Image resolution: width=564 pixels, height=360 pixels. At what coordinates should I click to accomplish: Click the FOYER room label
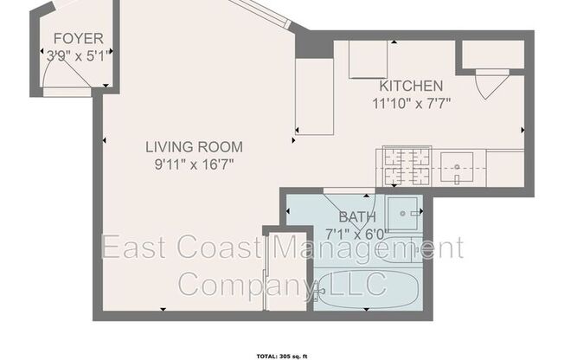[79, 38]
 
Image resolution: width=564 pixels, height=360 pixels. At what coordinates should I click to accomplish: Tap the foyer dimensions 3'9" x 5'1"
[79, 55]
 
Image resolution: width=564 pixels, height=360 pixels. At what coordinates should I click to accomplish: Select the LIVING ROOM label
[193, 146]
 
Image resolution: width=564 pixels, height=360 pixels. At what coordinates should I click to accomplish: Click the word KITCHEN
[411, 87]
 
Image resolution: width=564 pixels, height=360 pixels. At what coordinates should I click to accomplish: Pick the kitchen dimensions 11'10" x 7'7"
[410, 102]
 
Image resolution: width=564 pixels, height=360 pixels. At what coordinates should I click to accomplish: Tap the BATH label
[357, 216]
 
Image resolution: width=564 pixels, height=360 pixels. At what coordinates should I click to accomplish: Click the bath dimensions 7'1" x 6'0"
[357, 232]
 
